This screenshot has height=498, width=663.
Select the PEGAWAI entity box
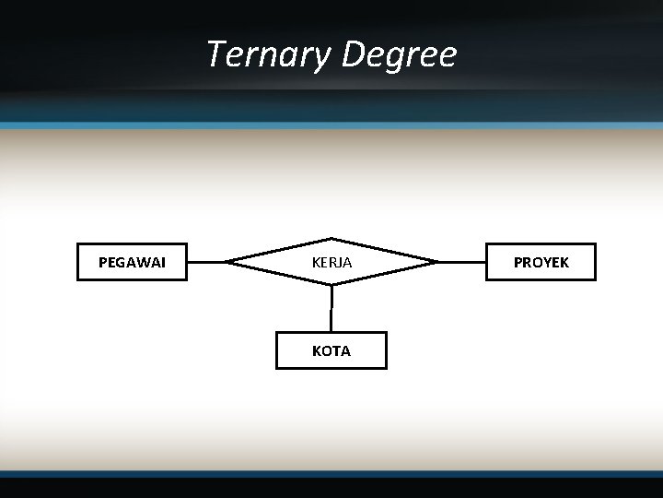[x=132, y=262]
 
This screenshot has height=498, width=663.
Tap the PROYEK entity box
[x=541, y=262]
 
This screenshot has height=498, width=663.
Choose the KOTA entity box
[x=331, y=350]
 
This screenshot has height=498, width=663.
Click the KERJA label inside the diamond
[x=331, y=263]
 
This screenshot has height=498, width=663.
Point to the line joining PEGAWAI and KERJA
[x=207, y=262]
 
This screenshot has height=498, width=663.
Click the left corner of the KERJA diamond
[x=227, y=262]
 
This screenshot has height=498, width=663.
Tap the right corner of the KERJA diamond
[x=436, y=262]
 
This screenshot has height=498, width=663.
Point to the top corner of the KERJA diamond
[x=331, y=239]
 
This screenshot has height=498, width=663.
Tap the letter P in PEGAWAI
[x=102, y=263]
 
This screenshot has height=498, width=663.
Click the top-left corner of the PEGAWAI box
[x=77, y=244]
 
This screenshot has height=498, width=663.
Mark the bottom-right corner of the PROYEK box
[x=595, y=279]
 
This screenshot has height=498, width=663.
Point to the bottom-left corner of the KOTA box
[x=277, y=367]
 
